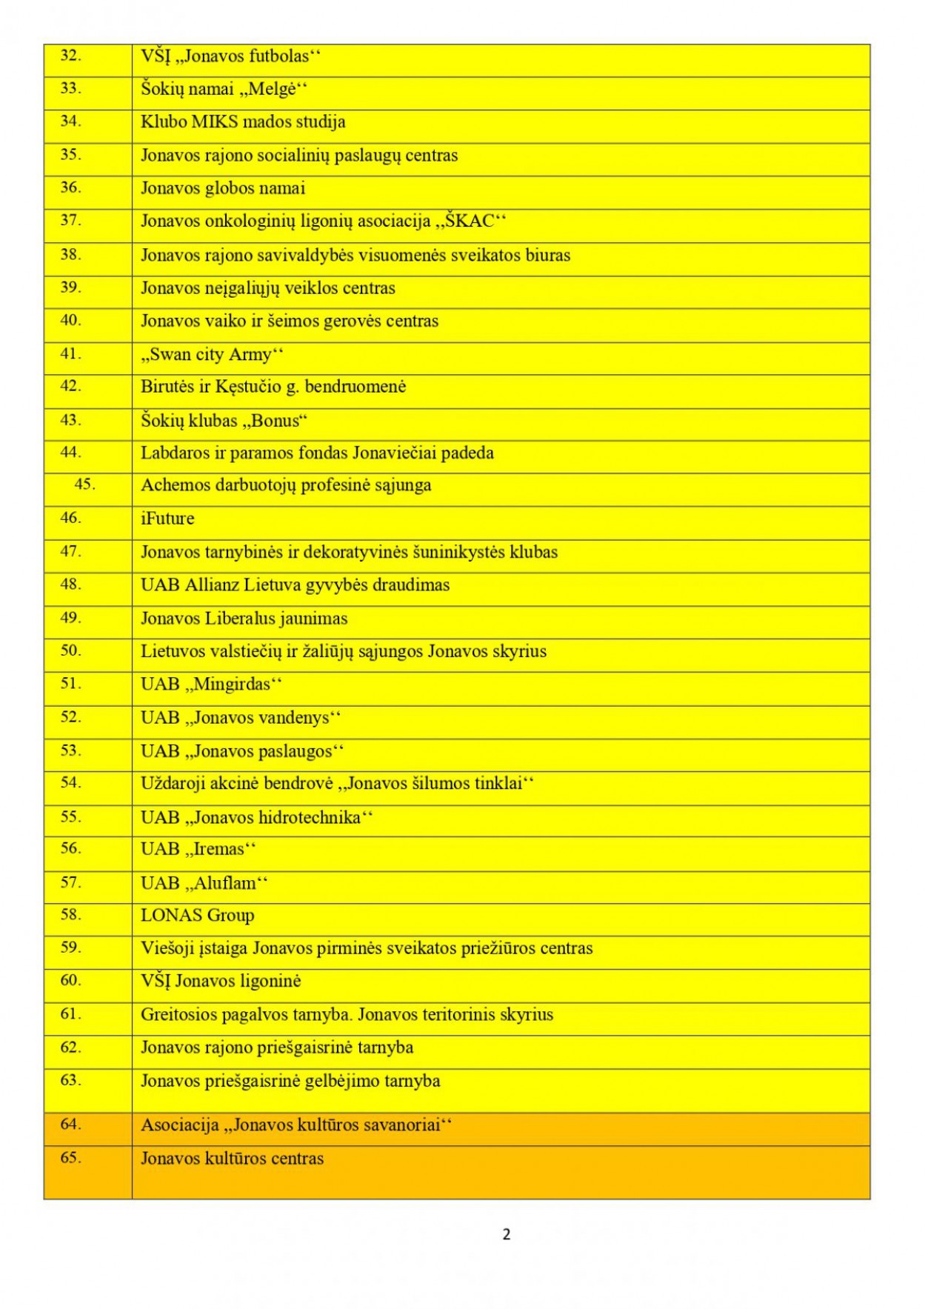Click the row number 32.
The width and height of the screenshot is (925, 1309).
click(70, 56)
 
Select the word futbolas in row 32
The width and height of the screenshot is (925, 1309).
click(278, 56)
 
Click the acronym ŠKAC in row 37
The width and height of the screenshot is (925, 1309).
click(470, 222)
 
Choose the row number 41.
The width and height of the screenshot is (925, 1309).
click(70, 353)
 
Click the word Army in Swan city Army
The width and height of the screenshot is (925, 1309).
click(250, 355)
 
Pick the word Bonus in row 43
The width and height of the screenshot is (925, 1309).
click(276, 421)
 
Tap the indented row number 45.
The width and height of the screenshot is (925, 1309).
click(84, 484)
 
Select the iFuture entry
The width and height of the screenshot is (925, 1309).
click(167, 519)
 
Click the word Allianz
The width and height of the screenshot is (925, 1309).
click(212, 585)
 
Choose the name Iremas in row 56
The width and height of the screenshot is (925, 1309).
click(218, 850)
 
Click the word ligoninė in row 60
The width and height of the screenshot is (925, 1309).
click(270, 982)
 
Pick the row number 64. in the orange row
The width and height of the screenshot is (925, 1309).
click(70, 1125)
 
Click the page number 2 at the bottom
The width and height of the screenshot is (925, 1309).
click(507, 1234)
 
